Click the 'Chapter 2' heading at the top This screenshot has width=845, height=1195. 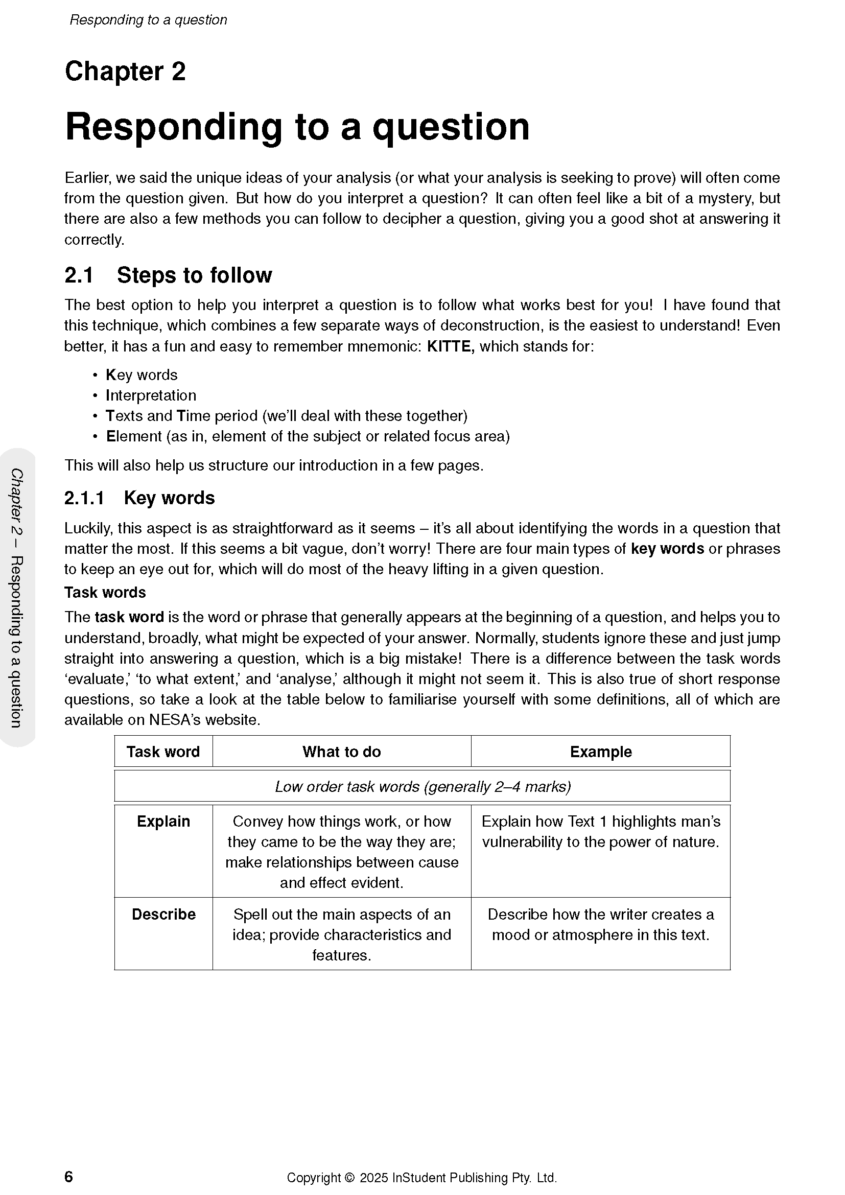pos(125,72)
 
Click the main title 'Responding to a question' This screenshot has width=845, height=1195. pos(297,127)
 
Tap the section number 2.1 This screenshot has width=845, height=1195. pos(79,275)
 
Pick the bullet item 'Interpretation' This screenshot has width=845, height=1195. pos(151,395)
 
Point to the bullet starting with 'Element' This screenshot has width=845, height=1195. pos(308,436)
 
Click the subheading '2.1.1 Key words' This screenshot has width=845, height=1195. pos(139,498)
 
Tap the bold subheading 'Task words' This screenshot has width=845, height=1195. pos(105,592)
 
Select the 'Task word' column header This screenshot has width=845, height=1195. pos(163,752)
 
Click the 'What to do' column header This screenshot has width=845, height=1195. pos(341,752)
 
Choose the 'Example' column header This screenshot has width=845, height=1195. pos(600,752)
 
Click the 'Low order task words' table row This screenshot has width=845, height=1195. pos(422,786)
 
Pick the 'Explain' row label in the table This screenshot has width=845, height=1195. pos(163,822)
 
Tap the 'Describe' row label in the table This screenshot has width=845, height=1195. pos(163,915)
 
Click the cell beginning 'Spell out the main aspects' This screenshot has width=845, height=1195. pos(341,935)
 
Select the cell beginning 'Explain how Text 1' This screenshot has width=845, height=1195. pos(600,832)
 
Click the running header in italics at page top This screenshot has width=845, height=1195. pos(148,20)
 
